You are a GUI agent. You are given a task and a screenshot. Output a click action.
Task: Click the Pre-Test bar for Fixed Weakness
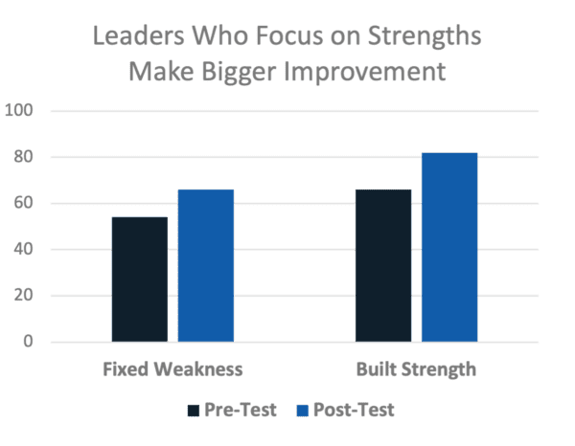pyautogui.click(x=139, y=279)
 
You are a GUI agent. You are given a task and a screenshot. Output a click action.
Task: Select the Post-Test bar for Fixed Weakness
pyautogui.click(x=206, y=265)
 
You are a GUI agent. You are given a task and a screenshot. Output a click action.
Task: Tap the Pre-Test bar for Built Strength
pyautogui.click(x=382, y=265)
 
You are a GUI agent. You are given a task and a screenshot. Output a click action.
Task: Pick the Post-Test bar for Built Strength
pyautogui.click(x=449, y=247)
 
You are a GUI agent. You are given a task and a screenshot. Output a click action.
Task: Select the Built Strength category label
pyautogui.click(x=416, y=368)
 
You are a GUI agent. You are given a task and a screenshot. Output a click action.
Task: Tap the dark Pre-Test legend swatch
pyautogui.click(x=194, y=411)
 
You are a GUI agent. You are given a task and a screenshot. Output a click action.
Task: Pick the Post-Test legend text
pyautogui.click(x=352, y=411)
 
